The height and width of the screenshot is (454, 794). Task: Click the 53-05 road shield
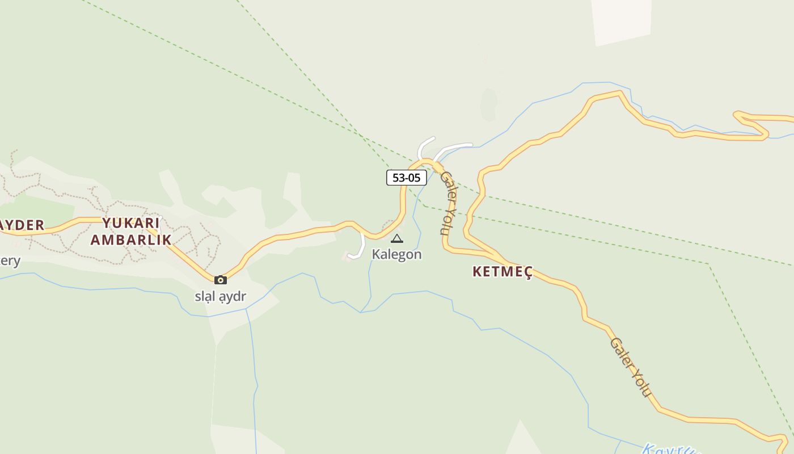click(x=406, y=178)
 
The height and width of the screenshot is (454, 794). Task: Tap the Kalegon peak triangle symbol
click(x=397, y=239)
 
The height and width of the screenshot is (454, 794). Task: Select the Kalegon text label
click(x=396, y=254)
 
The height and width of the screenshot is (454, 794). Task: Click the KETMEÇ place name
click(x=502, y=272)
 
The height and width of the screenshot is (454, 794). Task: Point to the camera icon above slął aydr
click(x=221, y=280)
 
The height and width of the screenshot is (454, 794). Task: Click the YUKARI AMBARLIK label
click(x=131, y=231)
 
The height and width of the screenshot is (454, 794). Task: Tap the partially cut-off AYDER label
click(x=22, y=225)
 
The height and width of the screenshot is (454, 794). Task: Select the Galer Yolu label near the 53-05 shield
click(x=448, y=203)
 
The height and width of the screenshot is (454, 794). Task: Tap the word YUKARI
click(x=131, y=222)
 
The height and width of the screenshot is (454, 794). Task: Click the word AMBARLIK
click(x=131, y=239)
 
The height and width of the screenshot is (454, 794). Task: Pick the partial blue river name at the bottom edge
click(x=669, y=449)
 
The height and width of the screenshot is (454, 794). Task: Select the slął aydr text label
click(x=221, y=296)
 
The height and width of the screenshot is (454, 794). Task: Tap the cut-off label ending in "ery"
click(x=10, y=261)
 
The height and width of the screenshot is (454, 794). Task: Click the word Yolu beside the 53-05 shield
click(x=446, y=220)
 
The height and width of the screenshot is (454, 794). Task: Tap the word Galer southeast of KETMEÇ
click(x=619, y=351)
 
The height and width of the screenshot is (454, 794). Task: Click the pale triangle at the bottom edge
click(x=522, y=440)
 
